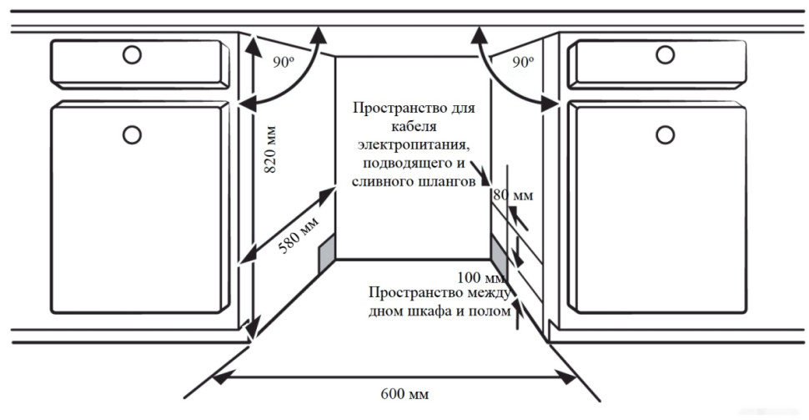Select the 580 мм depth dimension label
[299, 237]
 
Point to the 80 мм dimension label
[512, 195]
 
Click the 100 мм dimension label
[481, 277]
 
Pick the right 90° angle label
[523, 62]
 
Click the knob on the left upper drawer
[132, 55]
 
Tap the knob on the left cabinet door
[132, 134]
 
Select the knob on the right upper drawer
[665, 55]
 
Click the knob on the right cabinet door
[665, 134]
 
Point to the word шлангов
[450, 180]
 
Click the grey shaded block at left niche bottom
[326, 251]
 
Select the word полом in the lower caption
[490, 311]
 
